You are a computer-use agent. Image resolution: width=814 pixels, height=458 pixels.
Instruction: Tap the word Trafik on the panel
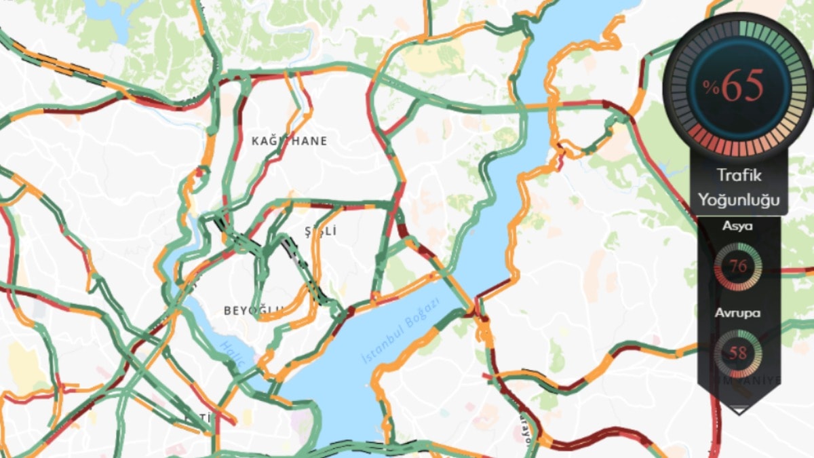pyautogui.click(x=739, y=176)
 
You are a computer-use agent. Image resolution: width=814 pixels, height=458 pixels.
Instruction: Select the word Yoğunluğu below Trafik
pyautogui.click(x=739, y=200)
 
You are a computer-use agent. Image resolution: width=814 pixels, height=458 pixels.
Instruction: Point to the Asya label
pyautogui.click(x=737, y=226)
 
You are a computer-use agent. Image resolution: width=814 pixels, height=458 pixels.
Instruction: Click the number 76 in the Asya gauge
pyautogui.click(x=738, y=267)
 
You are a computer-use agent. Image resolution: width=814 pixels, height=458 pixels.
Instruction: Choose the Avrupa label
pyautogui.click(x=737, y=313)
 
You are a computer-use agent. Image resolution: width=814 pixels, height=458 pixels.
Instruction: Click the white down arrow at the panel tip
pyautogui.click(x=739, y=410)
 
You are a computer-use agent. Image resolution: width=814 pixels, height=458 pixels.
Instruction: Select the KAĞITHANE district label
pyautogui.click(x=289, y=141)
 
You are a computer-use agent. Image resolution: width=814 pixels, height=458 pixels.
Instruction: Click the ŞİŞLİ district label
pyautogui.click(x=320, y=231)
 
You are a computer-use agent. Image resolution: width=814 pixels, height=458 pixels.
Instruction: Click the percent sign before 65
pyautogui.click(x=710, y=87)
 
